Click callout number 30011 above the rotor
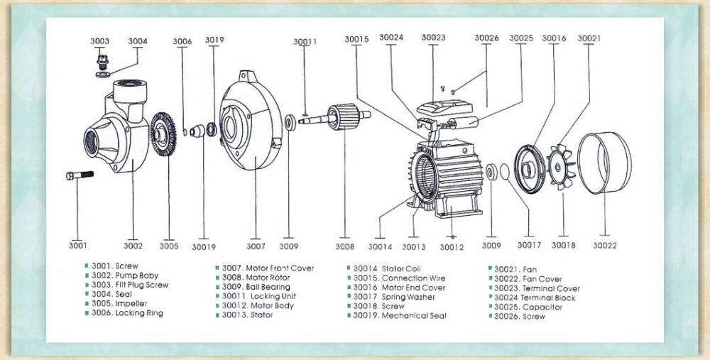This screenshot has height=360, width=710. click(305, 42)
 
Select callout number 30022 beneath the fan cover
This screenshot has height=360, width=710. click(605, 246)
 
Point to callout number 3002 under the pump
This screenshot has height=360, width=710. click(133, 246)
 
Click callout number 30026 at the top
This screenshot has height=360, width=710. click(486, 38)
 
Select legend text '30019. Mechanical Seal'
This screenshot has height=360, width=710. click(400, 316)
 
